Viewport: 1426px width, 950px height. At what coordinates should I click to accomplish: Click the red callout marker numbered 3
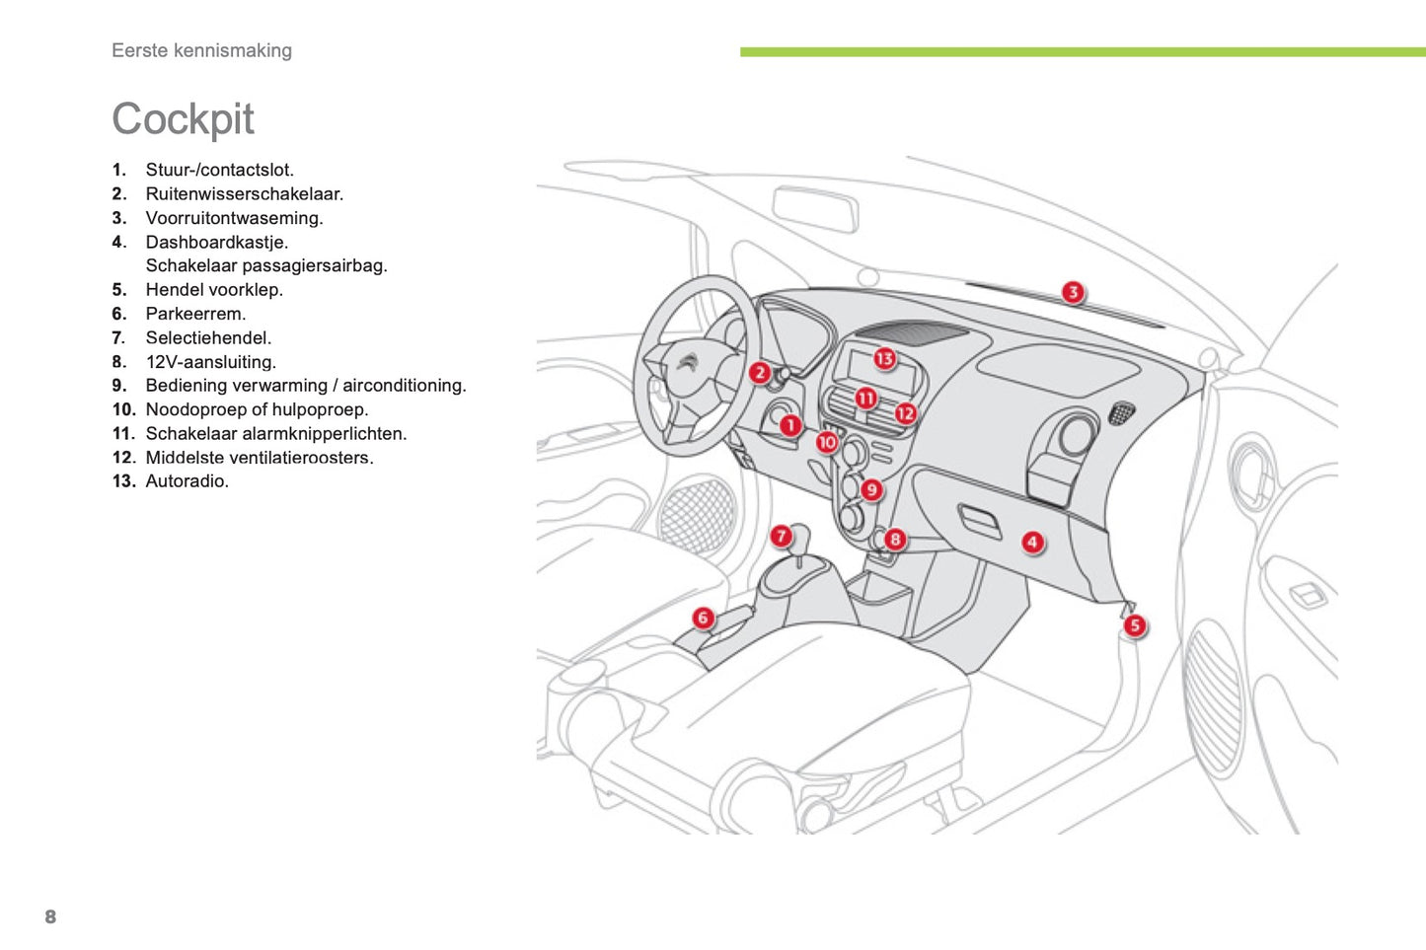1073,292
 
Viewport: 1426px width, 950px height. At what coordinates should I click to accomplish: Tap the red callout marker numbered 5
1135,625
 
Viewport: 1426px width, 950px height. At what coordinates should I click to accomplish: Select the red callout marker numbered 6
703,619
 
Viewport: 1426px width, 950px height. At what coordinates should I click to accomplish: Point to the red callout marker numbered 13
884,359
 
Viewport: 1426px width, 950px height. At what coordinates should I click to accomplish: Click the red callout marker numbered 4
1032,542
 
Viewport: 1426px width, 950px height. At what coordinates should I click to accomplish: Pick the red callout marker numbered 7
782,536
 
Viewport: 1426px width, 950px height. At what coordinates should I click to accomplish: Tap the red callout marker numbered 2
759,373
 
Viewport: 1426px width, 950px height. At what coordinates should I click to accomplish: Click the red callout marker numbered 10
827,442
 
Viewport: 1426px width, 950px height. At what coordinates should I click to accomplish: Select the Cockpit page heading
183,119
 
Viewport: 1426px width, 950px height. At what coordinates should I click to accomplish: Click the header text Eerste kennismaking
201,50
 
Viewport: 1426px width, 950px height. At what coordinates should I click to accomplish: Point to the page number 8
50,916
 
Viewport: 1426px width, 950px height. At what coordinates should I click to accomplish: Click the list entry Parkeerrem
195,314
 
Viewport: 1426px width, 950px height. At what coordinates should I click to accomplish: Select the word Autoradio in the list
187,481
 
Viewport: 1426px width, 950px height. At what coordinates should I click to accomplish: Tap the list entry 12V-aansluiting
210,362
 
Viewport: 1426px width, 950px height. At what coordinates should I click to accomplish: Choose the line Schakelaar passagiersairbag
266,265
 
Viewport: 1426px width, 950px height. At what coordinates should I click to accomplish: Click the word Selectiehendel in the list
208,337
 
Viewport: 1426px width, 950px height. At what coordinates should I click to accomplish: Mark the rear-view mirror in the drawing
814,208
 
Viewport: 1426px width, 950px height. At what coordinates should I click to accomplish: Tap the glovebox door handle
979,519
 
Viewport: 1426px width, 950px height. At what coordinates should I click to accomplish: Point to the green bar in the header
1082,52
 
